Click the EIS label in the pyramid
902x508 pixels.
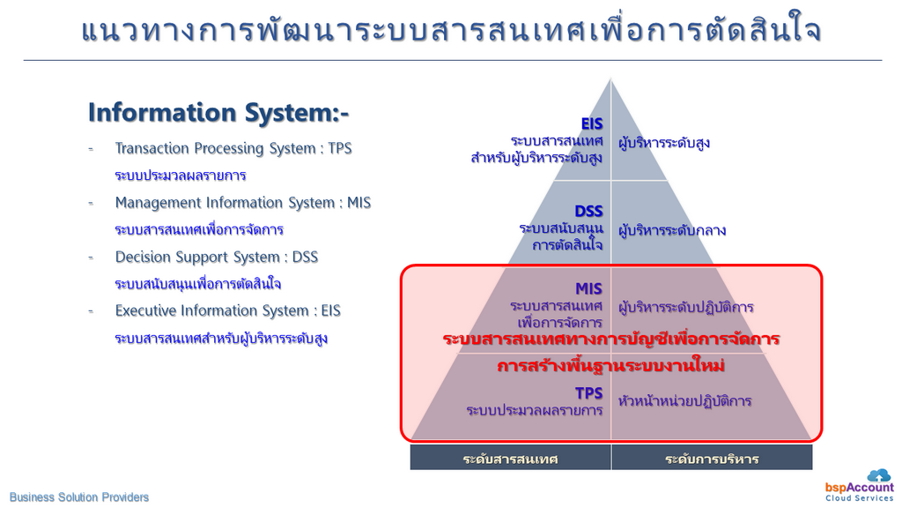pyautogui.click(x=592, y=123)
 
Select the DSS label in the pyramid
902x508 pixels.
pyautogui.click(x=588, y=212)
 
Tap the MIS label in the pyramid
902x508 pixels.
pyautogui.click(x=588, y=288)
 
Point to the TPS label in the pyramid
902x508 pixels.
pyautogui.click(x=589, y=393)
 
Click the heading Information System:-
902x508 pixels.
pyautogui.click(x=218, y=112)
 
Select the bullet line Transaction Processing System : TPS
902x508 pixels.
pyautogui.click(x=233, y=148)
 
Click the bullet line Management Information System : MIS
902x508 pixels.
pyautogui.click(x=243, y=203)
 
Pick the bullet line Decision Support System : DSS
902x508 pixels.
pyautogui.click(x=217, y=257)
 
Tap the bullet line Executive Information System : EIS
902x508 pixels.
pyautogui.click(x=228, y=311)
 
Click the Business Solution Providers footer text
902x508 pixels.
pyautogui.click(x=79, y=497)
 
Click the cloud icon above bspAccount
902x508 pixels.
pyautogui.click(x=879, y=475)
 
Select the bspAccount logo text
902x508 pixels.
pyautogui.click(x=860, y=488)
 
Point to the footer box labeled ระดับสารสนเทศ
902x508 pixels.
pyautogui.click(x=510, y=459)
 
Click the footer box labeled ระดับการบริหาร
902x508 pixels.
pyautogui.click(x=712, y=459)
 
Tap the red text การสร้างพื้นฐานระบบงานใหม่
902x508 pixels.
pyautogui.click(x=611, y=366)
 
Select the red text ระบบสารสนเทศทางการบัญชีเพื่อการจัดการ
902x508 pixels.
pyautogui.click(x=611, y=339)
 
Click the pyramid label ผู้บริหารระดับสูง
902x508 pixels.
pyautogui.click(x=664, y=143)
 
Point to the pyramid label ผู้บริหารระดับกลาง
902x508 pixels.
pyautogui.click(x=672, y=230)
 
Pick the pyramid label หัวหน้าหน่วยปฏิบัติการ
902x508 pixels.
pyautogui.click(x=685, y=401)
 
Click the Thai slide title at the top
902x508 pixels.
pyautogui.click(x=452, y=30)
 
